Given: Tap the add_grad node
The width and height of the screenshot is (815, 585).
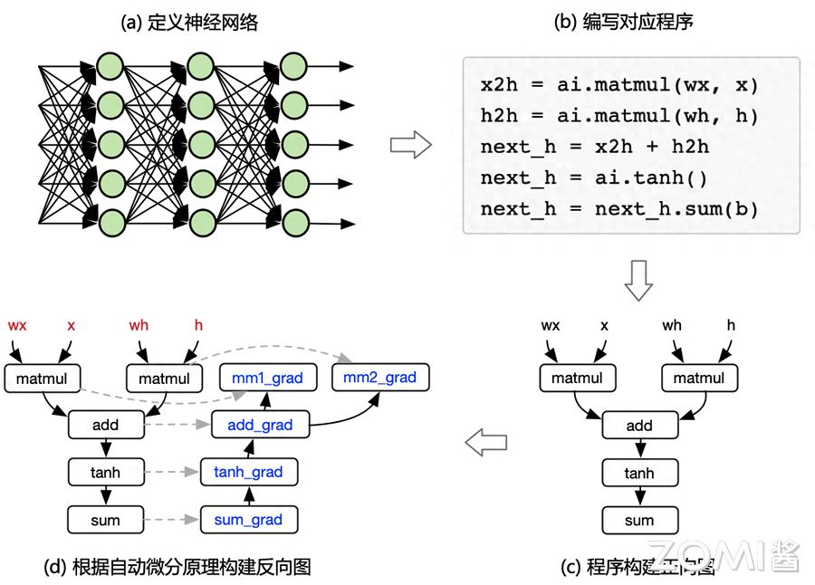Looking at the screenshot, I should click(260, 425).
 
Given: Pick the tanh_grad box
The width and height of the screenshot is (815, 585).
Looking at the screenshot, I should click(248, 472).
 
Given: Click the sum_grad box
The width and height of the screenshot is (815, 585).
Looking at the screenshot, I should click(248, 520).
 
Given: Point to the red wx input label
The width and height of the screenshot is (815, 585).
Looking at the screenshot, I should click(17, 325).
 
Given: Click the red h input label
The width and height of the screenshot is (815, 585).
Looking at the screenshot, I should click(199, 325).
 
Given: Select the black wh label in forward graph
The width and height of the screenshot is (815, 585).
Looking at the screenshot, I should click(672, 325).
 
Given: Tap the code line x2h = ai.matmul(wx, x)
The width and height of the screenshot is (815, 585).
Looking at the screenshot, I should click(619, 85).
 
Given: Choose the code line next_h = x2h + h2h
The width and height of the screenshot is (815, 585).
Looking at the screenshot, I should click(594, 147).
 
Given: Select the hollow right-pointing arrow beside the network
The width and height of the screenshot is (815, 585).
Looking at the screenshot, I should click(410, 144).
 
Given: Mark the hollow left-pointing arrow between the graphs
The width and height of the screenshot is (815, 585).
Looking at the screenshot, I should click(485, 443).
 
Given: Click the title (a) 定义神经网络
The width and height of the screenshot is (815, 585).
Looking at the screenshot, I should click(189, 23).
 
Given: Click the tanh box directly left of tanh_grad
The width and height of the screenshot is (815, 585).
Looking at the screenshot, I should click(106, 472).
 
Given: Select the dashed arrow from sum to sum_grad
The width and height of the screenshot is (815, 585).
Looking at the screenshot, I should click(172, 520).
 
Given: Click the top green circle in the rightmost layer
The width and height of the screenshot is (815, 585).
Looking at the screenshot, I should click(293, 66).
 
